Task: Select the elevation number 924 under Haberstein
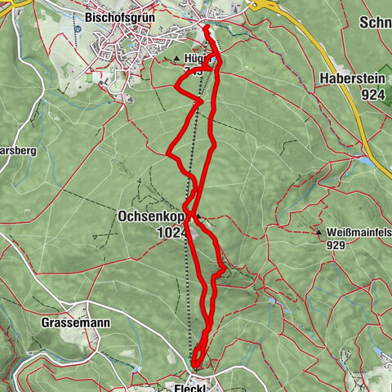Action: [372, 95]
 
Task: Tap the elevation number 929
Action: [336, 244]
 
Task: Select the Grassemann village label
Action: [76, 323]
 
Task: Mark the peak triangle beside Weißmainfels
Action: [319, 233]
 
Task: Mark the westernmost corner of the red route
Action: [167, 153]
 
